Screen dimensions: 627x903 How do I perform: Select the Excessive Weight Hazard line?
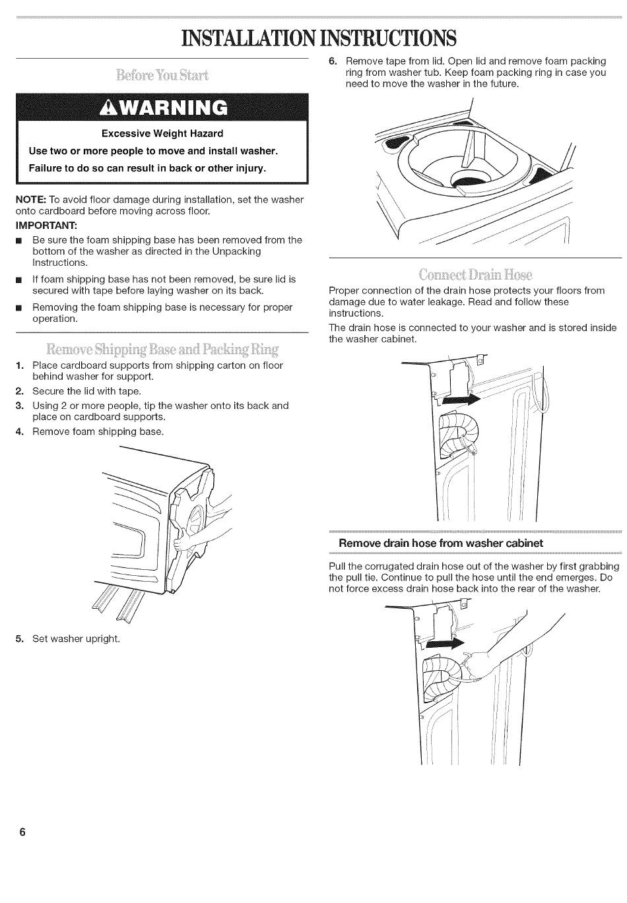click(x=162, y=134)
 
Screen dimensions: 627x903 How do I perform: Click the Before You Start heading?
click(x=162, y=74)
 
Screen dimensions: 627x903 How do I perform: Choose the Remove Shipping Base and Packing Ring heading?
click(x=162, y=348)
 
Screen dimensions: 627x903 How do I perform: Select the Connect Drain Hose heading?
click(x=475, y=274)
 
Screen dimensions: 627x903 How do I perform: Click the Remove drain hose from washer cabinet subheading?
click(x=441, y=544)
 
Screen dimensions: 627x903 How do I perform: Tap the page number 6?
click(x=22, y=832)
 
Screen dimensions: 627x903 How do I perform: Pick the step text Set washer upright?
click(x=77, y=638)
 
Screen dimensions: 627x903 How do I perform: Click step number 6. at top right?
click(x=333, y=61)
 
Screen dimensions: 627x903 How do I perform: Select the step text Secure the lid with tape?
click(x=86, y=391)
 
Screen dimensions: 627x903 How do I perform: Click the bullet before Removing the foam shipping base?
click(x=20, y=308)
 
